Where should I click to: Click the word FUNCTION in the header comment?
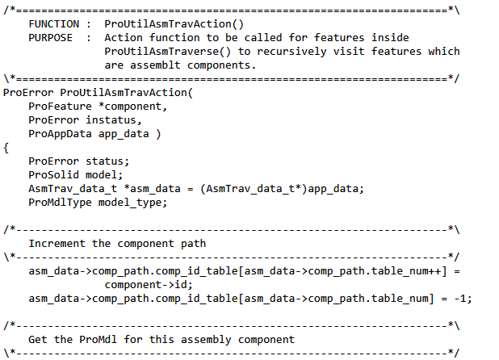coord(54,24)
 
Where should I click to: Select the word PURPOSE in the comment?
coord(51,38)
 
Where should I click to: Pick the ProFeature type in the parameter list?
coord(54,107)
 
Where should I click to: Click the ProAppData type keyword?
coord(54,134)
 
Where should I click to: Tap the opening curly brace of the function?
coord(6,148)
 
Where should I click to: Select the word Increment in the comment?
coord(57,243)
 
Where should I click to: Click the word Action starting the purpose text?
coord(124,38)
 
